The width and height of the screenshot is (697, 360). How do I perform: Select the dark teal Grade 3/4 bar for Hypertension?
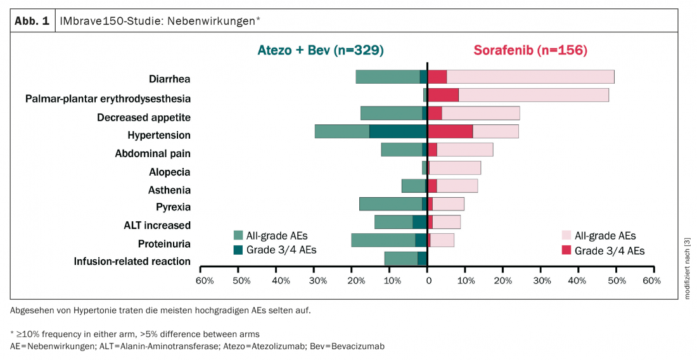click(398, 131)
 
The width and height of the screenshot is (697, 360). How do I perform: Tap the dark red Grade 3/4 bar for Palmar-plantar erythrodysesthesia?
click(443, 95)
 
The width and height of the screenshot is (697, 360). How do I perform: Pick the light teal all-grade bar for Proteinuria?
click(383, 240)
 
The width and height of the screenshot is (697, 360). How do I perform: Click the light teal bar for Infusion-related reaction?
click(400, 259)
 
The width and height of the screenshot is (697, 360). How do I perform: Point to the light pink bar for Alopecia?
click(455, 168)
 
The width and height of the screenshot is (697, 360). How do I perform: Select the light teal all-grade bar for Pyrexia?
click(390, 204)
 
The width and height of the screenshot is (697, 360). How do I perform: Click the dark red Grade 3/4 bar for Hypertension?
click(450, 131)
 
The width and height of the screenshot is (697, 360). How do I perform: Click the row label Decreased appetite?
click(143, 117)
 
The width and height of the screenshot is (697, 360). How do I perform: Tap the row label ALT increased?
click(157, 225)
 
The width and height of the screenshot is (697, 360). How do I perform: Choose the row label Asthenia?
click(169, 190)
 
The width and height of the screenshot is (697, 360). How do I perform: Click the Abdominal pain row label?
click(152, 153)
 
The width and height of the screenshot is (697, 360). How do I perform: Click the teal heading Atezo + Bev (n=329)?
click(320, 50)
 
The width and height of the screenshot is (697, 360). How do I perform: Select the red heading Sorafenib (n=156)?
click(530, 50)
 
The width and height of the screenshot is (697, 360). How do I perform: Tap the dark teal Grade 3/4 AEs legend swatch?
click(238, 250)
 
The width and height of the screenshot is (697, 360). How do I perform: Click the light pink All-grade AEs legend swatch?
click(566, 236)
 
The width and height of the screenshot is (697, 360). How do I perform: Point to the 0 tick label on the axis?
click(428, 280)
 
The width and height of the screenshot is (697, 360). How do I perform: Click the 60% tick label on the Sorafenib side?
click(652, 280)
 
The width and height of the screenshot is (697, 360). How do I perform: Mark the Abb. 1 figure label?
click(32, 20)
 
